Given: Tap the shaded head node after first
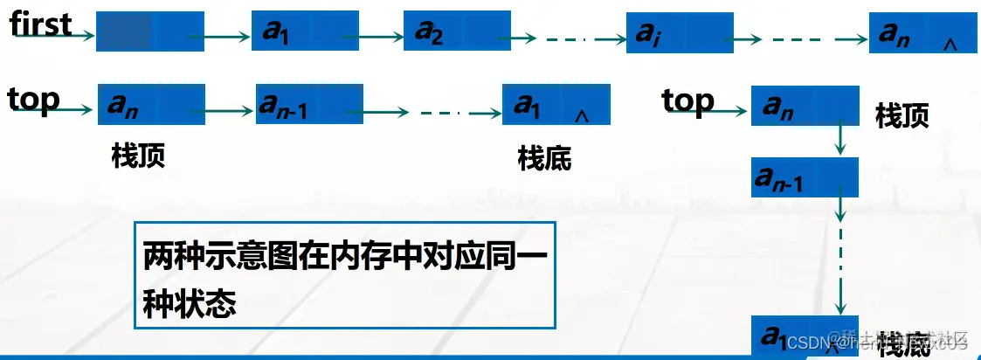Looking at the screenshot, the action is [x=149, y=33].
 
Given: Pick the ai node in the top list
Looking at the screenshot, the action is [x=679, y=33].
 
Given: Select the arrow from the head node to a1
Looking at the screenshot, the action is [x=227, y=37].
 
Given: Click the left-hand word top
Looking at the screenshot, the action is [x=33, y=100].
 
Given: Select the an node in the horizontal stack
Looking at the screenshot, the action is [x=151, y=104].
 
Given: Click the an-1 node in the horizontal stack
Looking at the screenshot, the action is [x=309, y=105].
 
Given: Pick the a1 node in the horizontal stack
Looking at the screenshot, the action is [x=556, y=105].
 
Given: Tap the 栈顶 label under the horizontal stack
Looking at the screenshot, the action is [x=138, y=156].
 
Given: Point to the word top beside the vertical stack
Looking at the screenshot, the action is [x=687, y=101].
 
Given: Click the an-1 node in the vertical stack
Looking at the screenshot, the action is [x=805, y=177].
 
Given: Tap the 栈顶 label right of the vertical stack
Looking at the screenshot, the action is [x=902, y=116].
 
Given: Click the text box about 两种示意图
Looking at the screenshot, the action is [x=344, y=274].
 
